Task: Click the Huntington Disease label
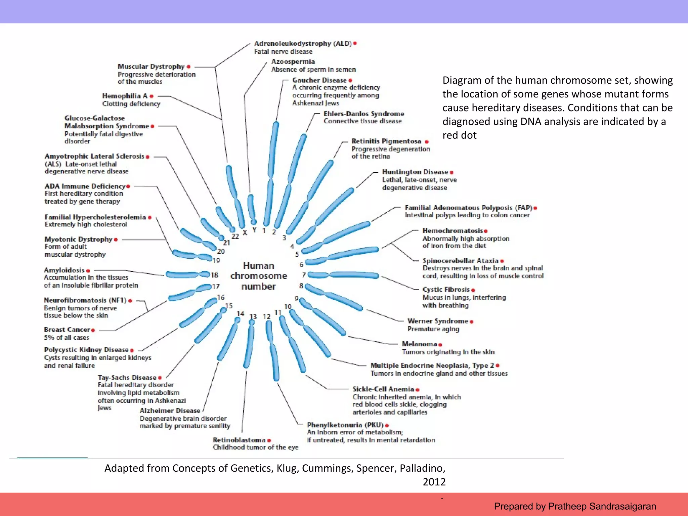point(415,172)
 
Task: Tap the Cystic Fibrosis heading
point(446,290)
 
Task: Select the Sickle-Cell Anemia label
point(383,389)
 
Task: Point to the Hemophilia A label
point(125,96)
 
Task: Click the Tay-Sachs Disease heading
point(127,378)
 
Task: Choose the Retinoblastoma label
point(239,440)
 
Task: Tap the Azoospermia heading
point(293,61)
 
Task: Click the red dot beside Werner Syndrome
point(472,322)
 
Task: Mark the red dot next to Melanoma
point(440,345)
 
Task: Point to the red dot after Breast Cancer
point(93,330)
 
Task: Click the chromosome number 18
point(215,275)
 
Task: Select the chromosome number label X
point(245,232)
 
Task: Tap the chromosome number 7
point(304,275)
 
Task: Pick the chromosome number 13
point(253,317)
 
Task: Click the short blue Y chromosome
point(251,208)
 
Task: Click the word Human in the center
point(258,266)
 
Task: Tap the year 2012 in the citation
point(434,482)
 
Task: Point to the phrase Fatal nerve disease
point(283,52)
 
